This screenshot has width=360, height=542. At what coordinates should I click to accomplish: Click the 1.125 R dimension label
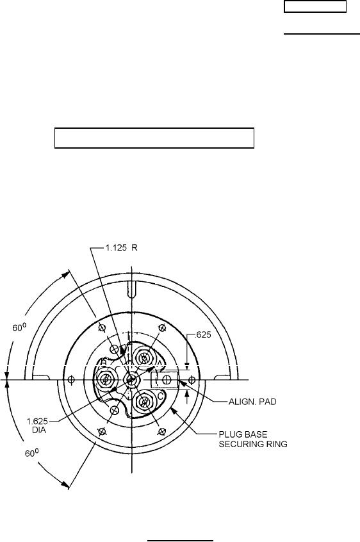(120, 248)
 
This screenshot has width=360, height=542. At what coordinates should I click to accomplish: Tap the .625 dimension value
(203, 334)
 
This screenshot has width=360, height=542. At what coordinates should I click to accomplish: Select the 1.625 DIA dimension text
(37, 426)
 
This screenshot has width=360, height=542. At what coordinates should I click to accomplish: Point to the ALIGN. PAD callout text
(252, 402)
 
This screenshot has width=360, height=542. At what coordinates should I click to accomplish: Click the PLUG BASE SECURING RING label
(253, 439)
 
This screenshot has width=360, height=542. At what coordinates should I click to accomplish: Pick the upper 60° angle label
(20, 327)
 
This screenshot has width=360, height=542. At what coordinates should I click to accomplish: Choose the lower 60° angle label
(32, 453)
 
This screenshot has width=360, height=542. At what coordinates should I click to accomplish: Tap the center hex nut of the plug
(131, 380)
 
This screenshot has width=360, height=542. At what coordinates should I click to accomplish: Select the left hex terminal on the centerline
(104, 380)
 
